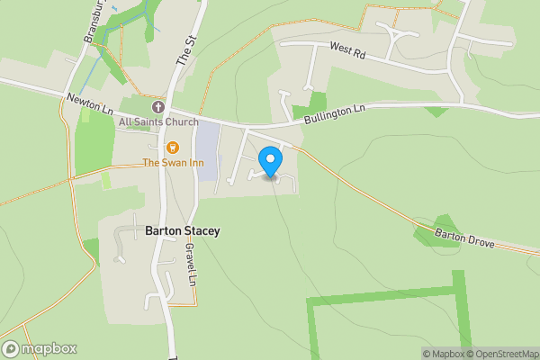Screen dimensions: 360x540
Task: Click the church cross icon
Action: (x=157, y=106)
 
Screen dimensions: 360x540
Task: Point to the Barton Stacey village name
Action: (x=182, y=231)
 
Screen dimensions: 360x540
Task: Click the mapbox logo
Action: (x=40, y=348)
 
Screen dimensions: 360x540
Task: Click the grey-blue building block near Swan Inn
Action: (x=207, y=150)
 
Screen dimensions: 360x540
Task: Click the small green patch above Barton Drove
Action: (x=438, y=229)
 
